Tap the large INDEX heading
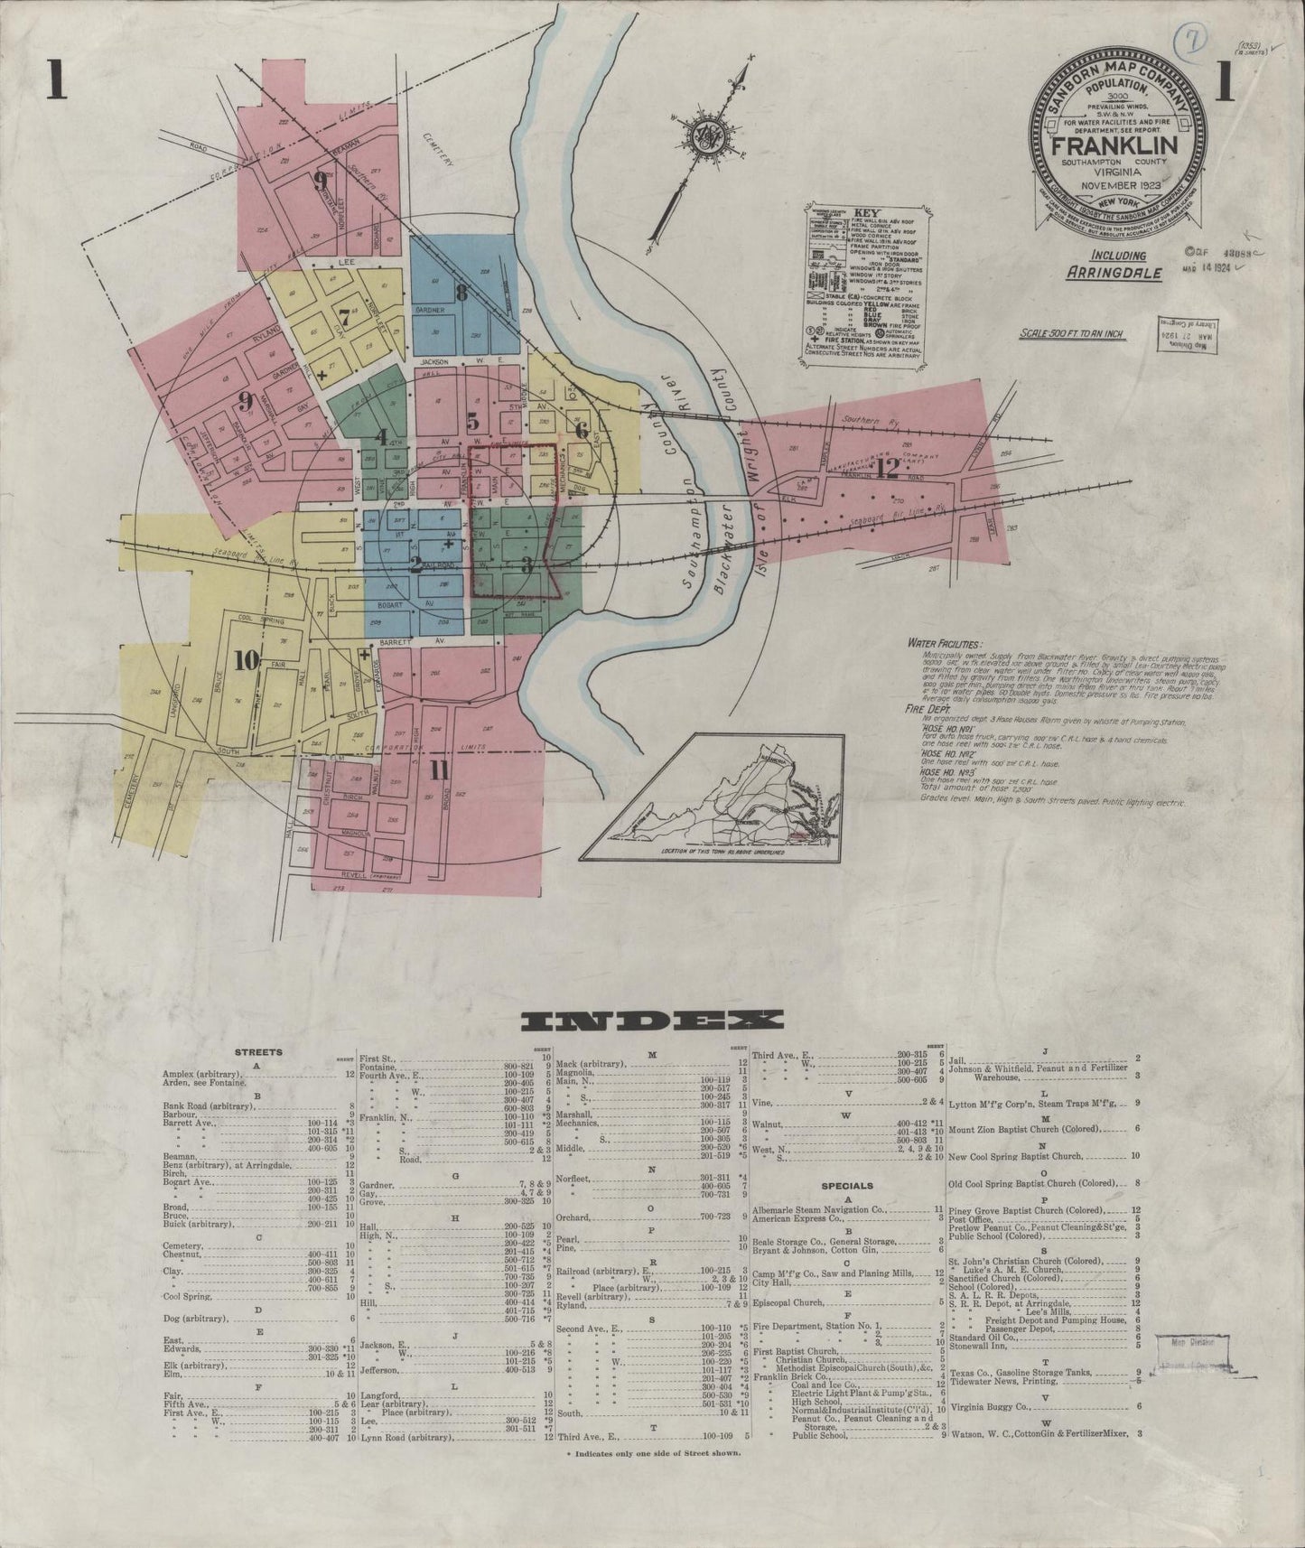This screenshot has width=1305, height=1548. [653, 1021]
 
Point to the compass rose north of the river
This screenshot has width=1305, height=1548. [702, 136]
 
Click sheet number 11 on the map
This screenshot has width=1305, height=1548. [439, 770]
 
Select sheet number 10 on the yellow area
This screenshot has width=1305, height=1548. [246, 660]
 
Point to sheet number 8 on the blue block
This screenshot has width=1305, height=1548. [461, 291]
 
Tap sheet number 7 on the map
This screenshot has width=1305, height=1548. [343, 317]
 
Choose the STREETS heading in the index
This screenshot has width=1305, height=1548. [258, 1052]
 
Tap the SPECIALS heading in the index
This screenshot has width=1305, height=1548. [846, 1185]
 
